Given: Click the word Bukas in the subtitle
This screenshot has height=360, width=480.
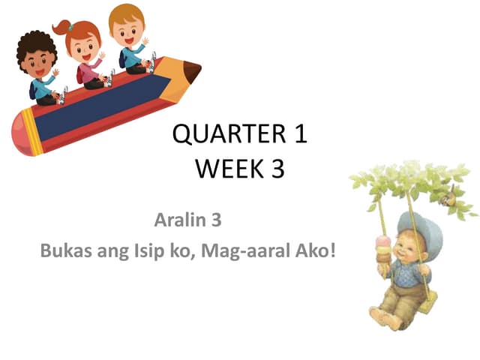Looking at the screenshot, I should [65, 250].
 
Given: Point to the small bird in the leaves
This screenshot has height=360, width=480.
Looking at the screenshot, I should [448, 198].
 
